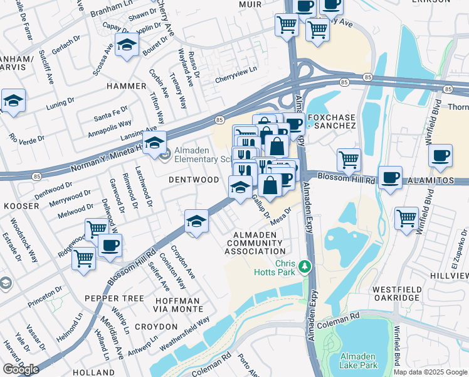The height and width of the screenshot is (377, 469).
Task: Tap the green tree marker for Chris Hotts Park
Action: click(305, 266)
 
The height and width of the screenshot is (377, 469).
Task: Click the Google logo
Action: click(21, 369)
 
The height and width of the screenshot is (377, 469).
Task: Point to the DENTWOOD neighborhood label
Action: click(194, 180)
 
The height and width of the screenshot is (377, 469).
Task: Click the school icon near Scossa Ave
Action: click(127, 45)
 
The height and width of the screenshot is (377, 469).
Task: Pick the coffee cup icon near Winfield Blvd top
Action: click(440, 155)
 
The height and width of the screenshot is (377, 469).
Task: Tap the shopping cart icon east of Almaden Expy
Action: click(349, 160)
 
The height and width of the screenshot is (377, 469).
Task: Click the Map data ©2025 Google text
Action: click(430, 372)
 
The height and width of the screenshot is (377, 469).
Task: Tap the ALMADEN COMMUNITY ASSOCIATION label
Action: click(255, 243)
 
